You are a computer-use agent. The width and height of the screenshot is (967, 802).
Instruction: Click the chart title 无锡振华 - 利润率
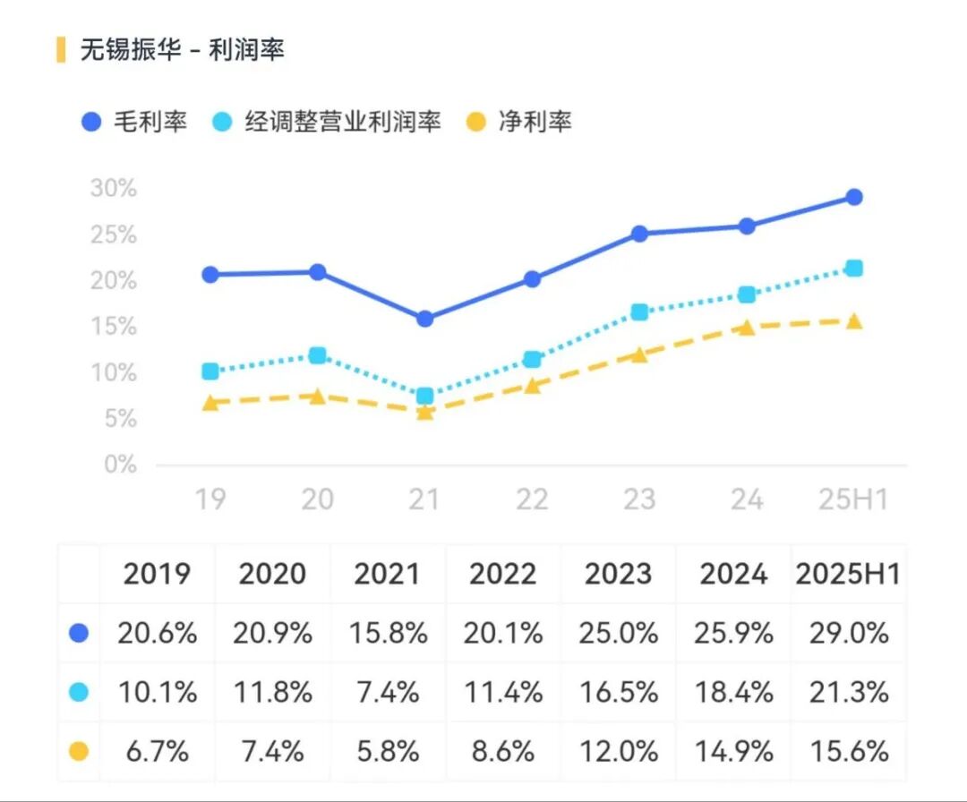pos(182,50)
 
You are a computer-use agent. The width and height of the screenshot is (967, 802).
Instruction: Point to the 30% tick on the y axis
pos(114,189)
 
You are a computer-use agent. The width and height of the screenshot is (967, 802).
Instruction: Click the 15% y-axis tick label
pos(114,327)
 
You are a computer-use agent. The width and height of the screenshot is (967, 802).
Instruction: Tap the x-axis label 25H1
pos(853,499)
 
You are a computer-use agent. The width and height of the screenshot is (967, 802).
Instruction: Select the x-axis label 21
pos(424,499)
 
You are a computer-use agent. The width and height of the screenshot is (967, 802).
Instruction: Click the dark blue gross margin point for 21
pos(424,319)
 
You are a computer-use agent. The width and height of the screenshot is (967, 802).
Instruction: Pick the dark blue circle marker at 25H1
pos(854,197)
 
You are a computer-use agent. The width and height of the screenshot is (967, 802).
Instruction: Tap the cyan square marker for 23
pos(639,312)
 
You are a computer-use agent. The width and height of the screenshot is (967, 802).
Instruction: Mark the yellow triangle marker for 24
pos(747,328)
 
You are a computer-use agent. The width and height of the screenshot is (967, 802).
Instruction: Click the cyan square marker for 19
pos(210,371)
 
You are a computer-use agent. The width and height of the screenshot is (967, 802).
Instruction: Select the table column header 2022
pos(503,574)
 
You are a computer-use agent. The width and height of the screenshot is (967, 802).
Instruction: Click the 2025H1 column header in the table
pos(848,574)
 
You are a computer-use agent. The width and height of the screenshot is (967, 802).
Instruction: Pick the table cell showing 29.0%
pos(848,634)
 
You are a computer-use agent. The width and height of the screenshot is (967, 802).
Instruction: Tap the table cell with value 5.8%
pos(388,751)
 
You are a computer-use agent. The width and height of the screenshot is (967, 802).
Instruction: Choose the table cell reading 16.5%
pos(619,693)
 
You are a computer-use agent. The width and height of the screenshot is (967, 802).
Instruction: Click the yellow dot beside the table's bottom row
pos(79,751)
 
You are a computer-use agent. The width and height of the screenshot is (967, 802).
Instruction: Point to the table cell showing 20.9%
pos(272,634)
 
